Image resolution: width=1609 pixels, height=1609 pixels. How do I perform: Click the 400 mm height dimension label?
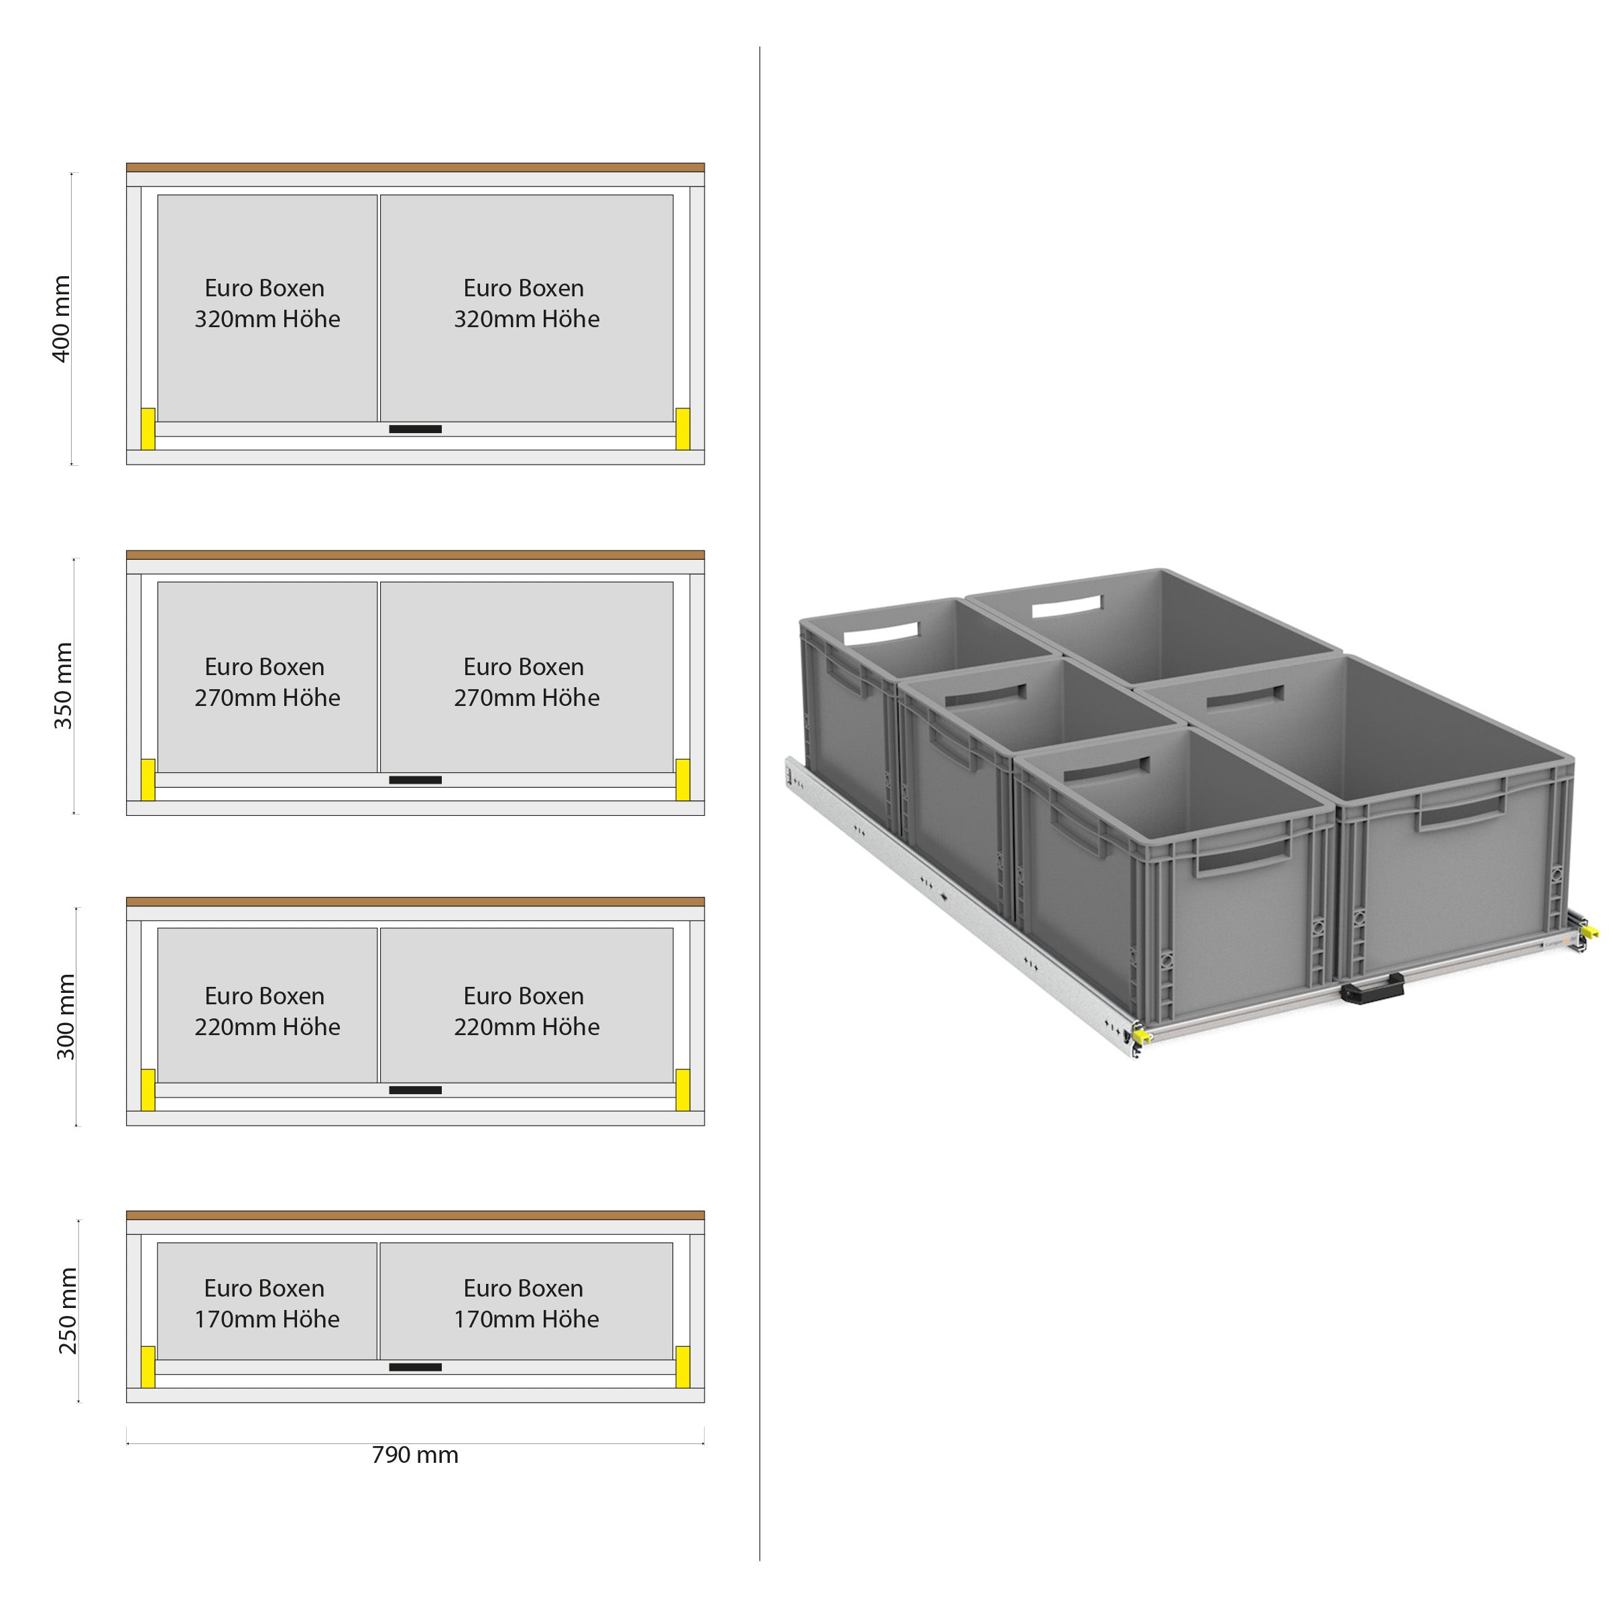point(62,319)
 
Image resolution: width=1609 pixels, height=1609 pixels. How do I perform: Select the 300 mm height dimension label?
point(66,1016)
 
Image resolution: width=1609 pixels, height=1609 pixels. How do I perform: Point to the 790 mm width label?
point(415,1455)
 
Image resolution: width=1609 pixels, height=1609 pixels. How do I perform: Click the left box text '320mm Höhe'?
point(267,319)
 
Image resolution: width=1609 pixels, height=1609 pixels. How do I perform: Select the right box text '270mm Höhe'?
point(526,698)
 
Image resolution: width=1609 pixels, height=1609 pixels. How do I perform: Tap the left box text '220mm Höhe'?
point(267,1027)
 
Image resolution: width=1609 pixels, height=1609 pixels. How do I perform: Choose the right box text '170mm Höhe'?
point(526,1319)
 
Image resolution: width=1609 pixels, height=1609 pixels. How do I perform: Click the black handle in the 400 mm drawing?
point(416,429)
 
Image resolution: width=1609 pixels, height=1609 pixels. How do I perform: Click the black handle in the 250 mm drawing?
point(416,1367)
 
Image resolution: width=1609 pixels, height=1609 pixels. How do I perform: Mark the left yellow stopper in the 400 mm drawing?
point(148,428)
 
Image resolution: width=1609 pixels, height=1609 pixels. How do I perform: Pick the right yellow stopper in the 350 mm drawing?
point(682,780)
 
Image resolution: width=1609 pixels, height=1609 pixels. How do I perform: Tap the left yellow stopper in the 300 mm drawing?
point(148,1089)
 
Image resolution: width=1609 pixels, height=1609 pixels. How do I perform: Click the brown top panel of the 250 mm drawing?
point(415,1216)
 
